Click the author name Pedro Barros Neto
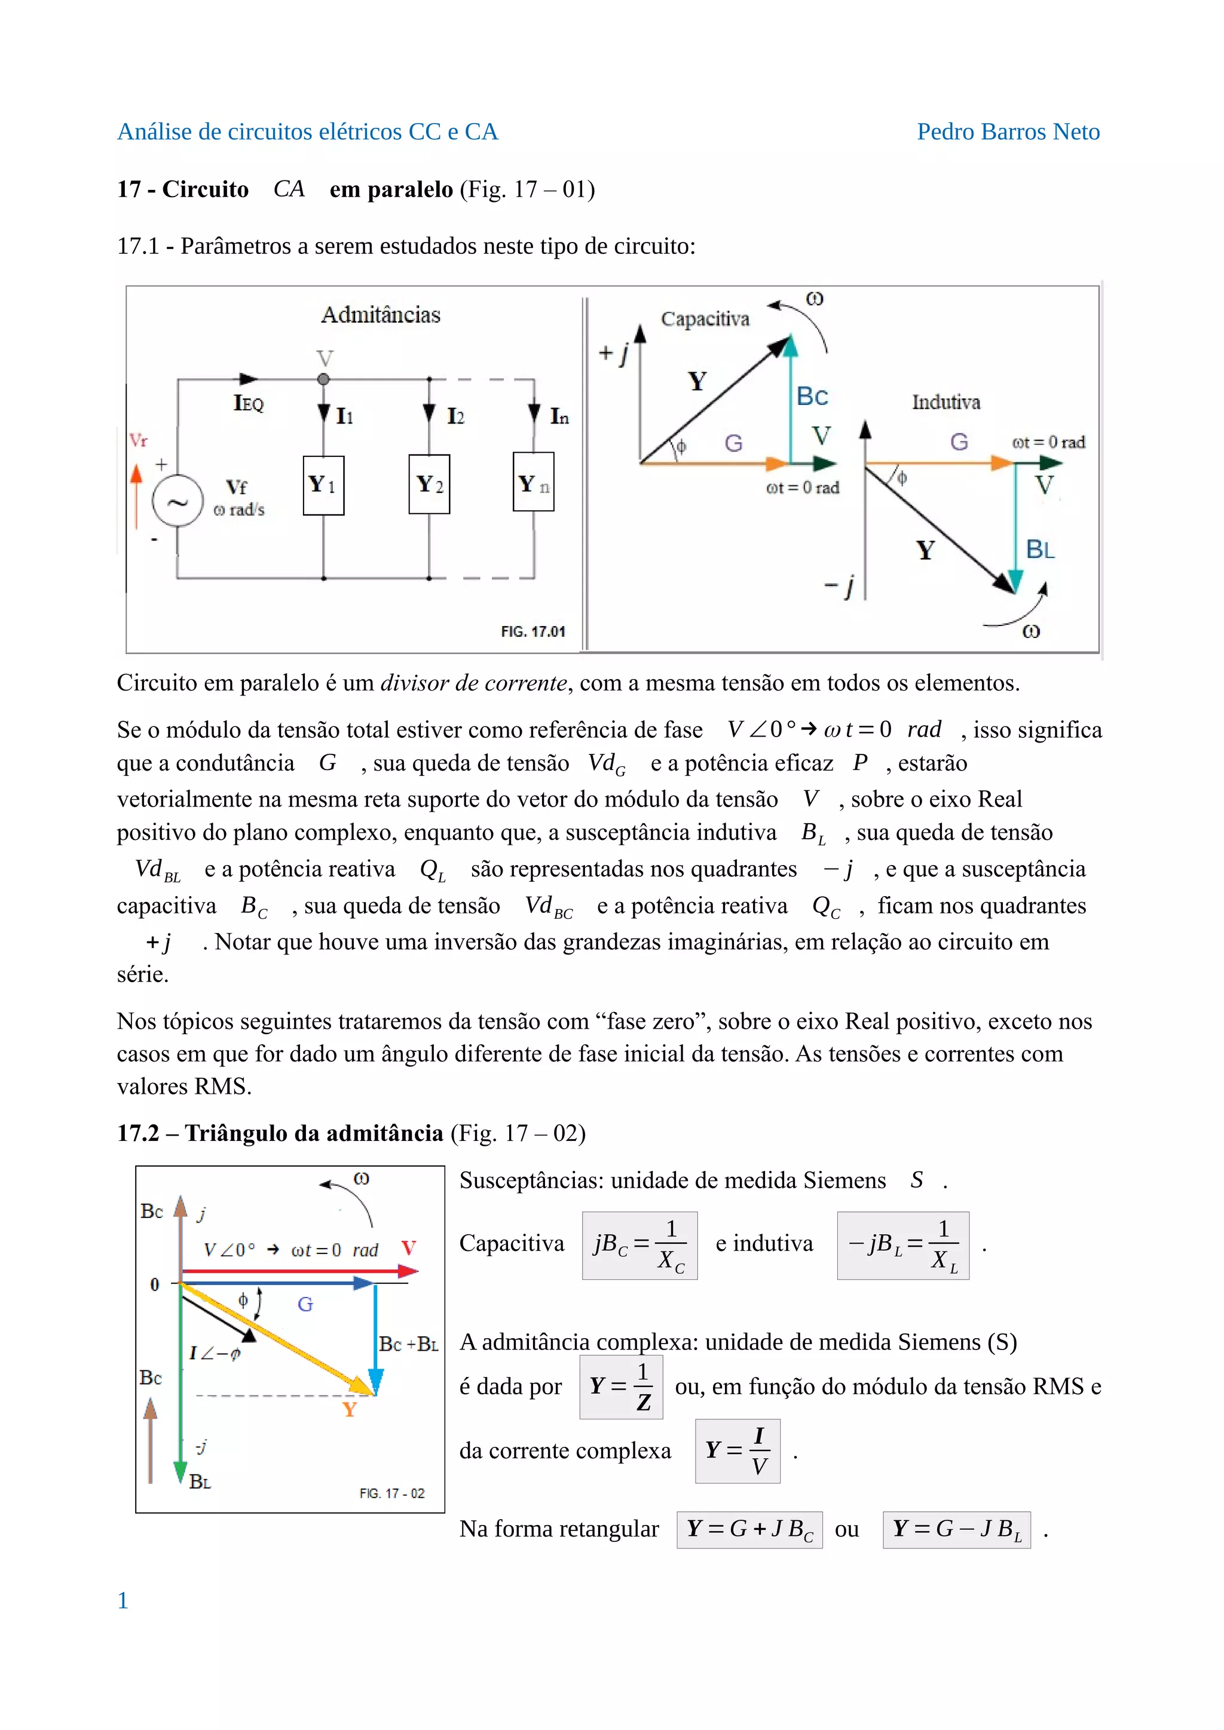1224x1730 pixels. click(1008, 132)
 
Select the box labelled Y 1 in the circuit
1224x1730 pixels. click(323, 485)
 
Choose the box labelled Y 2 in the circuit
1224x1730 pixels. click(429, 484)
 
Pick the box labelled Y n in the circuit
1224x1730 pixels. click(534, 482)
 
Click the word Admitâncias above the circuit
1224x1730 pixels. click(381, 315)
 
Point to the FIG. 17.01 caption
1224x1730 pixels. click(533, 631)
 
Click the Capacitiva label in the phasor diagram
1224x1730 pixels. click(705, 320)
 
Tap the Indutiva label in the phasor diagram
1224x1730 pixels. click(946, 403)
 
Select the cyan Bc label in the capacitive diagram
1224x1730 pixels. click(812, 396)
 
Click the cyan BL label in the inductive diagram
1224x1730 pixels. click(1040, 550)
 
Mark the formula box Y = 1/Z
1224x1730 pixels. click(621, 1387)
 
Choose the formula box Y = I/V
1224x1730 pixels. click(737, 1451)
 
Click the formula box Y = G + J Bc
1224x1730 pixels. click(749, 1529)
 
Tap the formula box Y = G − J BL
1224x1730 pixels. click(956, 1529)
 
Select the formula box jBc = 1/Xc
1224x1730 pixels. click(639, 1246)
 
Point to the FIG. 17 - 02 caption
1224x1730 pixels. click(392, 1493)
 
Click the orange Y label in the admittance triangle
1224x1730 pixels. click(349, 1410)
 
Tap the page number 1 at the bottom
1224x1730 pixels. click(123, 1600)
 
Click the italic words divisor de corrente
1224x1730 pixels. click(473, 683)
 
